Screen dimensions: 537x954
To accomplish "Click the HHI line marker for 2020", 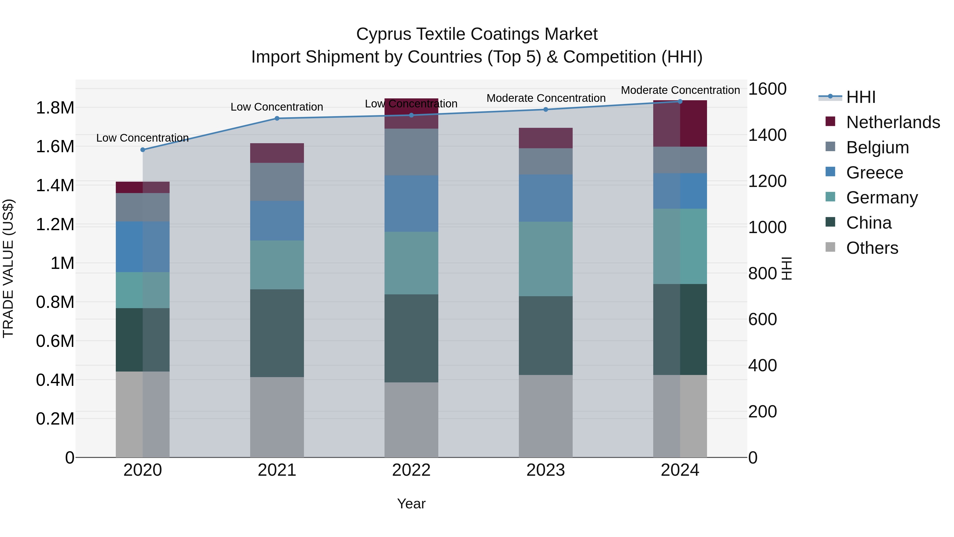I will [143, 150].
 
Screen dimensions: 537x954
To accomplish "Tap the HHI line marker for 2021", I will [277, 119].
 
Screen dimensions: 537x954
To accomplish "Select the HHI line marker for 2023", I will [546, 110].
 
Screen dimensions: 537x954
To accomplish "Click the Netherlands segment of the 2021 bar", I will [277, 153].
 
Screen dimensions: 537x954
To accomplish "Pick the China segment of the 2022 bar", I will [411, 338].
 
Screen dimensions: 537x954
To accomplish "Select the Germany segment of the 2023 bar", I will [546, 259].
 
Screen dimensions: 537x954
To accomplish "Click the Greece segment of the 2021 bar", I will [277, 221].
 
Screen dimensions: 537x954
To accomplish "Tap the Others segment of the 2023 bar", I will [546, 416].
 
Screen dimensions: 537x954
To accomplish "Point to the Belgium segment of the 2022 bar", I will [411, 152].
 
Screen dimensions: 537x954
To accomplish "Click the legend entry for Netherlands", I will [893, 122].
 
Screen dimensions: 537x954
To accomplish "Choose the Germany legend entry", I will [882, 198].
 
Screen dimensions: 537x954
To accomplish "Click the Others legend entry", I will [872, 248].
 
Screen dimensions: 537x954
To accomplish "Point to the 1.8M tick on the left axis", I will [55, 108].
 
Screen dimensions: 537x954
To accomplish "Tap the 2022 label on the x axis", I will [411, 470].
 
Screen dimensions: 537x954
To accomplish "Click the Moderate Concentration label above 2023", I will [546, 98].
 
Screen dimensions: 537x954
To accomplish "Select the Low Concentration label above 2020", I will [142, 138].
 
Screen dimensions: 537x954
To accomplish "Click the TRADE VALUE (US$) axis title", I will [8, 268].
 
